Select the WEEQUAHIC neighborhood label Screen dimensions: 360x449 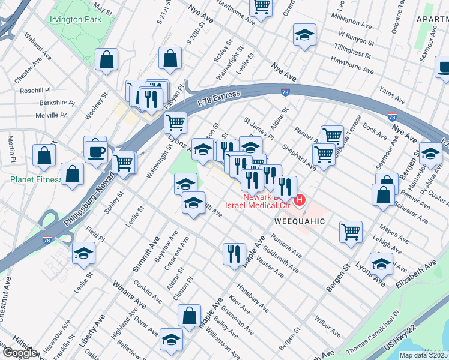(x=300, y=221)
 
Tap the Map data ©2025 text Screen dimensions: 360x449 (x=423, y=355)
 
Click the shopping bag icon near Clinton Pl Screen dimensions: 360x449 (x=190, y=316)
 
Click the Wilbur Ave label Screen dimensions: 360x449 (x=328, y=328)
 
